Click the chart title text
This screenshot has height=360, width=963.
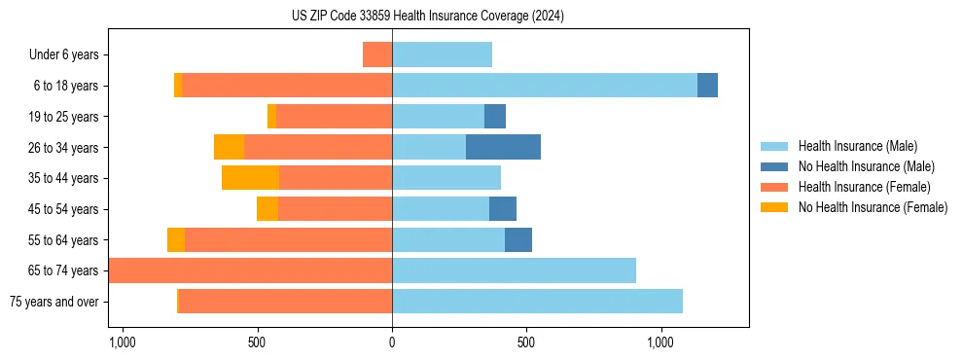coord(427,17)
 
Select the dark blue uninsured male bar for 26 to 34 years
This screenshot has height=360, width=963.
coord(503,147)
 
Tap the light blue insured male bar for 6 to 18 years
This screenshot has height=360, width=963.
coord(545,86)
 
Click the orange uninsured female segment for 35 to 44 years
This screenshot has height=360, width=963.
coord(250,178)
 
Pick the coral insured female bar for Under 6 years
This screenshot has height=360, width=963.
coord(377,54)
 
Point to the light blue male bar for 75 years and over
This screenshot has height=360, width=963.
coord(537,302)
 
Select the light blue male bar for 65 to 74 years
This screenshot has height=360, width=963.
coord(514,270)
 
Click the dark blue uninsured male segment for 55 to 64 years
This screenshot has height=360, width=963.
coord(518,239)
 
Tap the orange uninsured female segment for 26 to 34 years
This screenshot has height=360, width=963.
coord(229,147)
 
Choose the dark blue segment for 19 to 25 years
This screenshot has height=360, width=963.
coord(495,117)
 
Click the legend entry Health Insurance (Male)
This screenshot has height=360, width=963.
coord(857,146)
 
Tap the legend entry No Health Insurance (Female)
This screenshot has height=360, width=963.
coord(873,207)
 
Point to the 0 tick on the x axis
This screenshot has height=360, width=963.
coord(392,343)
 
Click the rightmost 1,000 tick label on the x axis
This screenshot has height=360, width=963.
coord(660,343)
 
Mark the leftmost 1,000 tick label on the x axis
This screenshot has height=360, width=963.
coord(123,343)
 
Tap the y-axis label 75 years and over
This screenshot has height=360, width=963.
coord(54,302)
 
